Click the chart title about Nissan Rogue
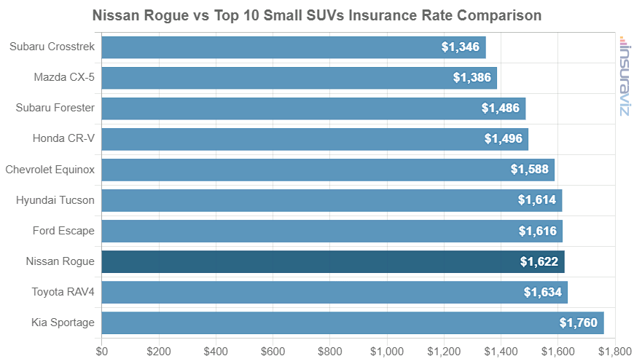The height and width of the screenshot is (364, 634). [x=317, y=15]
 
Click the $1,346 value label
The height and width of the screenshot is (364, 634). [x=460, y=47]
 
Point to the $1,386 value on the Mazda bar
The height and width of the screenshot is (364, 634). [x=471, y=78]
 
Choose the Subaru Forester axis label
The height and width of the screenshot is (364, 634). [x=55, y=108]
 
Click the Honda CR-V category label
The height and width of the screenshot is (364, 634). [x=63, y=138]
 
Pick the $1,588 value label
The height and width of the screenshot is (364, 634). [x=530, y=170]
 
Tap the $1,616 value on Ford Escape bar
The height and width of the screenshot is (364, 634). [x=537, y=232]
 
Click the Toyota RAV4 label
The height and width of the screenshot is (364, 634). [x=63, y=292]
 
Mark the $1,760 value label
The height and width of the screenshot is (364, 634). [x=578, y=323]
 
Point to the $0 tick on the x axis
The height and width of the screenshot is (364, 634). [x=102, y=352]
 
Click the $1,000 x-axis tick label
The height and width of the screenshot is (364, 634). [x=387, y=352]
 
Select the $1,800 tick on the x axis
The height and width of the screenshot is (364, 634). [x=615, y=352]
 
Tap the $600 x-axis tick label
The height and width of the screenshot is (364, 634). [x=273, y=352]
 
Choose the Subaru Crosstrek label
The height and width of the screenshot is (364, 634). [x=52, y=47]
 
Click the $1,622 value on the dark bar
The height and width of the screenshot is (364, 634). [x=539, y=262]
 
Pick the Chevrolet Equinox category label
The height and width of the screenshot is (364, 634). [x=50, y=170]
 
